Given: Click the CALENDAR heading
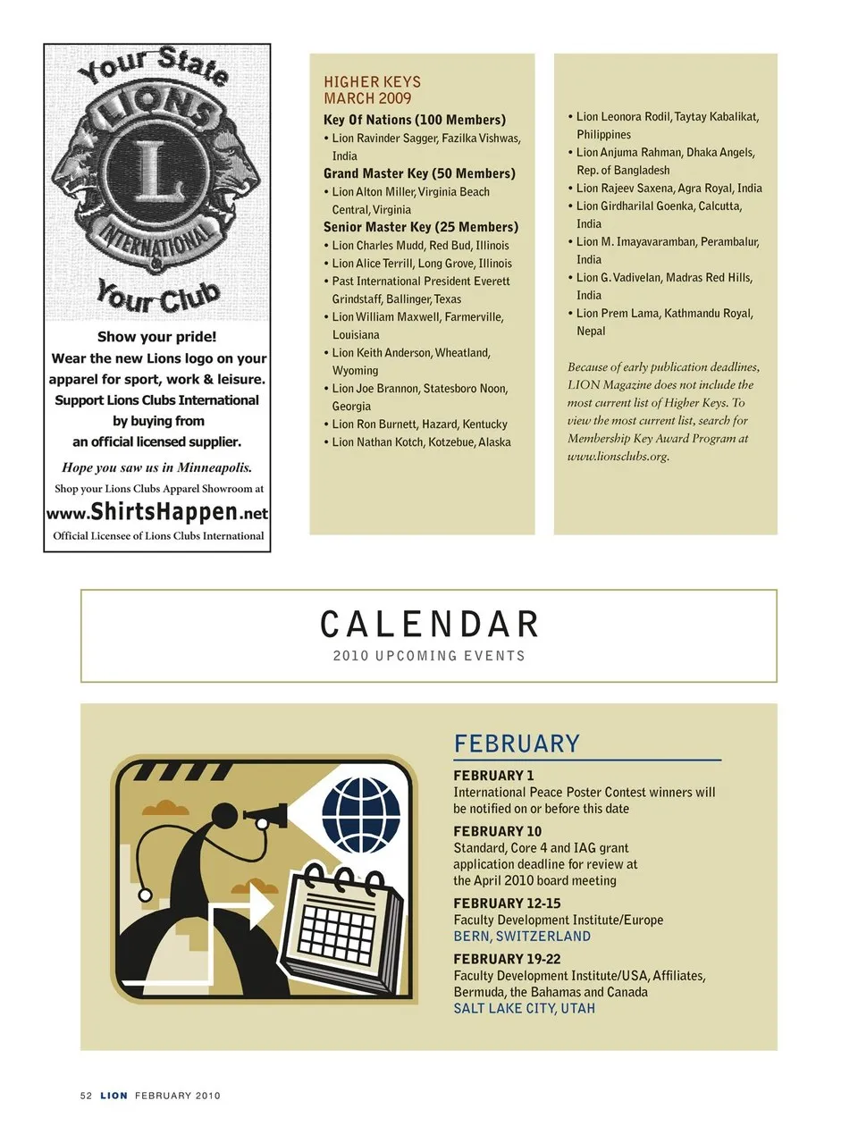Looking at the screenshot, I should point(429,625).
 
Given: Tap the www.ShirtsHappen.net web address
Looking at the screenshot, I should point(157,512).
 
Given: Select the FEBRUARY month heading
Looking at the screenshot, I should point(517,744).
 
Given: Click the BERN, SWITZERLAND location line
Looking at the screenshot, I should point(522,937).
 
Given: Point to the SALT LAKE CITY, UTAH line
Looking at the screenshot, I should point(524,1008).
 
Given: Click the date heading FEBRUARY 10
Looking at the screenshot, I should point(497,831).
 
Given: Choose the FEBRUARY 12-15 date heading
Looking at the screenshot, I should point(507,903).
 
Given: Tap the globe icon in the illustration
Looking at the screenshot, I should point(361,815).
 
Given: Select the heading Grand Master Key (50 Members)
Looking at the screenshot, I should point(419,173).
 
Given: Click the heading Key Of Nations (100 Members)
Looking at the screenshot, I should point(415,120).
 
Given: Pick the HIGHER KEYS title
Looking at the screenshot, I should point(372,81).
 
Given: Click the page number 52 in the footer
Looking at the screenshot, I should point(86,1096).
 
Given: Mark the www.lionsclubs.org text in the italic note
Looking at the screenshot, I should point(618,457).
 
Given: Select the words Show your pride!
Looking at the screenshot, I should point(157,337).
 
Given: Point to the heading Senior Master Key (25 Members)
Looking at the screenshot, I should point(421,227).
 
